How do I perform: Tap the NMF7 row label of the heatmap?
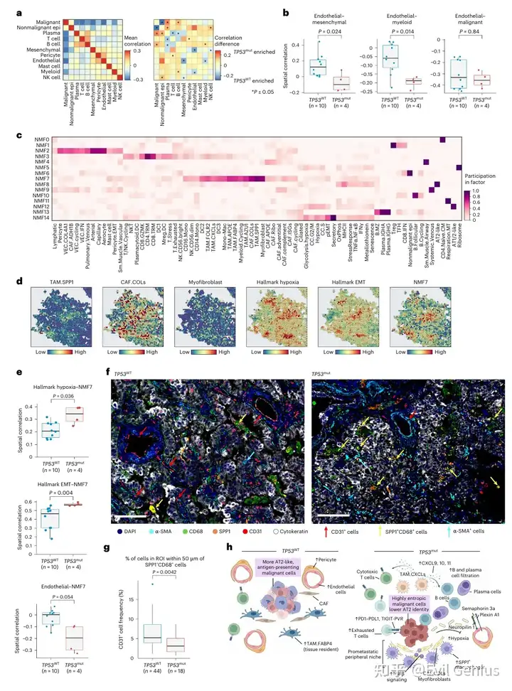click(x=41, y=180)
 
